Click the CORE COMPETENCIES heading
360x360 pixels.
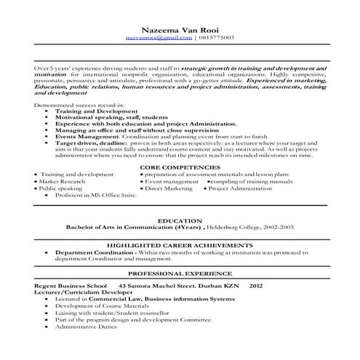[x=180, y=167]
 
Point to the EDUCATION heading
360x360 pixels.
[x=180, y=220]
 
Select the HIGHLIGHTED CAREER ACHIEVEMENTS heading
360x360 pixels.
[x=180, y=246]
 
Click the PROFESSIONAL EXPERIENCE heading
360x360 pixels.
[x=180, y=274]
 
